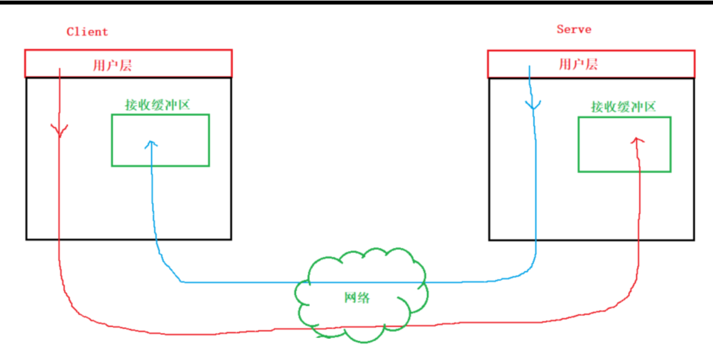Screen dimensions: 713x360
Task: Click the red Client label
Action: pos(87,32)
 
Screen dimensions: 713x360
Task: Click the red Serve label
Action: pos(574,29)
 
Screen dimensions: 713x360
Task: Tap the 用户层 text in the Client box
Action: pos(112,65)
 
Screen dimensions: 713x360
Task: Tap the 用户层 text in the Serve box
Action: pos(578,64)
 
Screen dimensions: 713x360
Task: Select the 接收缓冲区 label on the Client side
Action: pos(157,105)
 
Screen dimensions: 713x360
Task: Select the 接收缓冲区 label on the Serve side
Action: pos(623,107)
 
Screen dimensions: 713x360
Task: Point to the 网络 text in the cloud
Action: pos(357,298)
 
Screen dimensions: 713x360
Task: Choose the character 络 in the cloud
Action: pos(364,298)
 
